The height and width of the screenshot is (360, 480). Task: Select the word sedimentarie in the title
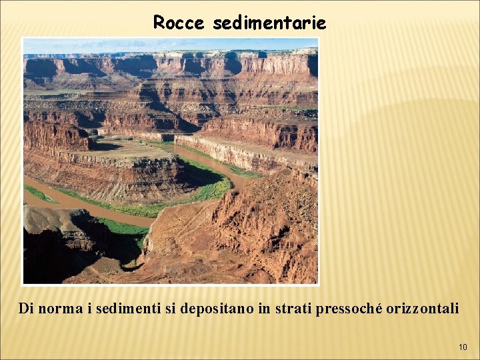click(269, 23)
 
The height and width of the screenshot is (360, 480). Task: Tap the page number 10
click(463, 347)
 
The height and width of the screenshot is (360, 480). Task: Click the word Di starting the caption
click(26, 309)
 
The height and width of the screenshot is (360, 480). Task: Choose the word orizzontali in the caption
click(419, 309)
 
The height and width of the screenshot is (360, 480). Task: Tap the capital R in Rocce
click(159, 23)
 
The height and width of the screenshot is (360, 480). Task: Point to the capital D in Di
click(23, 309)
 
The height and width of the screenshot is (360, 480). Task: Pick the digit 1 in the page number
click(460, 347)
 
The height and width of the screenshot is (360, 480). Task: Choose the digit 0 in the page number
click(465, 347)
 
